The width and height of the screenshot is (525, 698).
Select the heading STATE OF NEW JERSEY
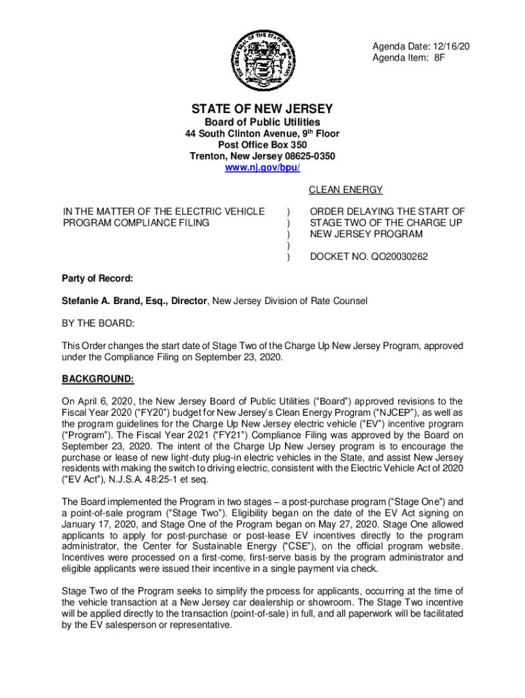262,109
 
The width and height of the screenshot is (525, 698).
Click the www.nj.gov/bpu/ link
262,167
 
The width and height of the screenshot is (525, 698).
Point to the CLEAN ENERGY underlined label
346,190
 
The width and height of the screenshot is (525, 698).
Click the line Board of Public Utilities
262,122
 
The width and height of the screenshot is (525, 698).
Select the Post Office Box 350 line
262,145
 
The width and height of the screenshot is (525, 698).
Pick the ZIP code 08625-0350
305,156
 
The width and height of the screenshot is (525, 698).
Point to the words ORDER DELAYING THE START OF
387,212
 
